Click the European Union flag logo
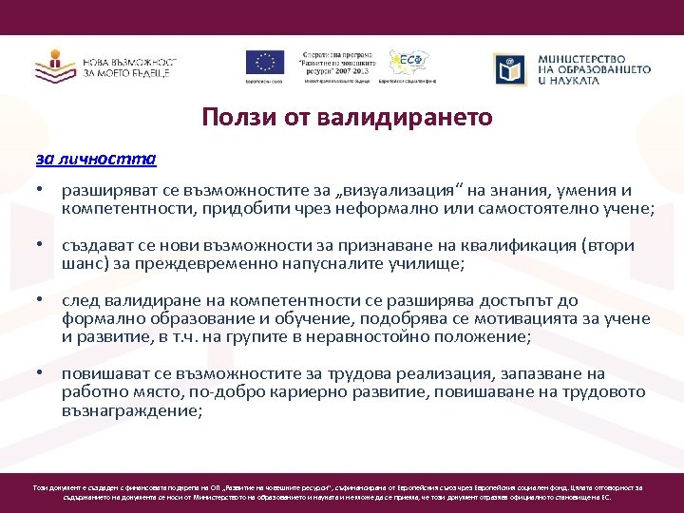coord(265,62)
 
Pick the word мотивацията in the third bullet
coord(544,318)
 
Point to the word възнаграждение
coord(131,410)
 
